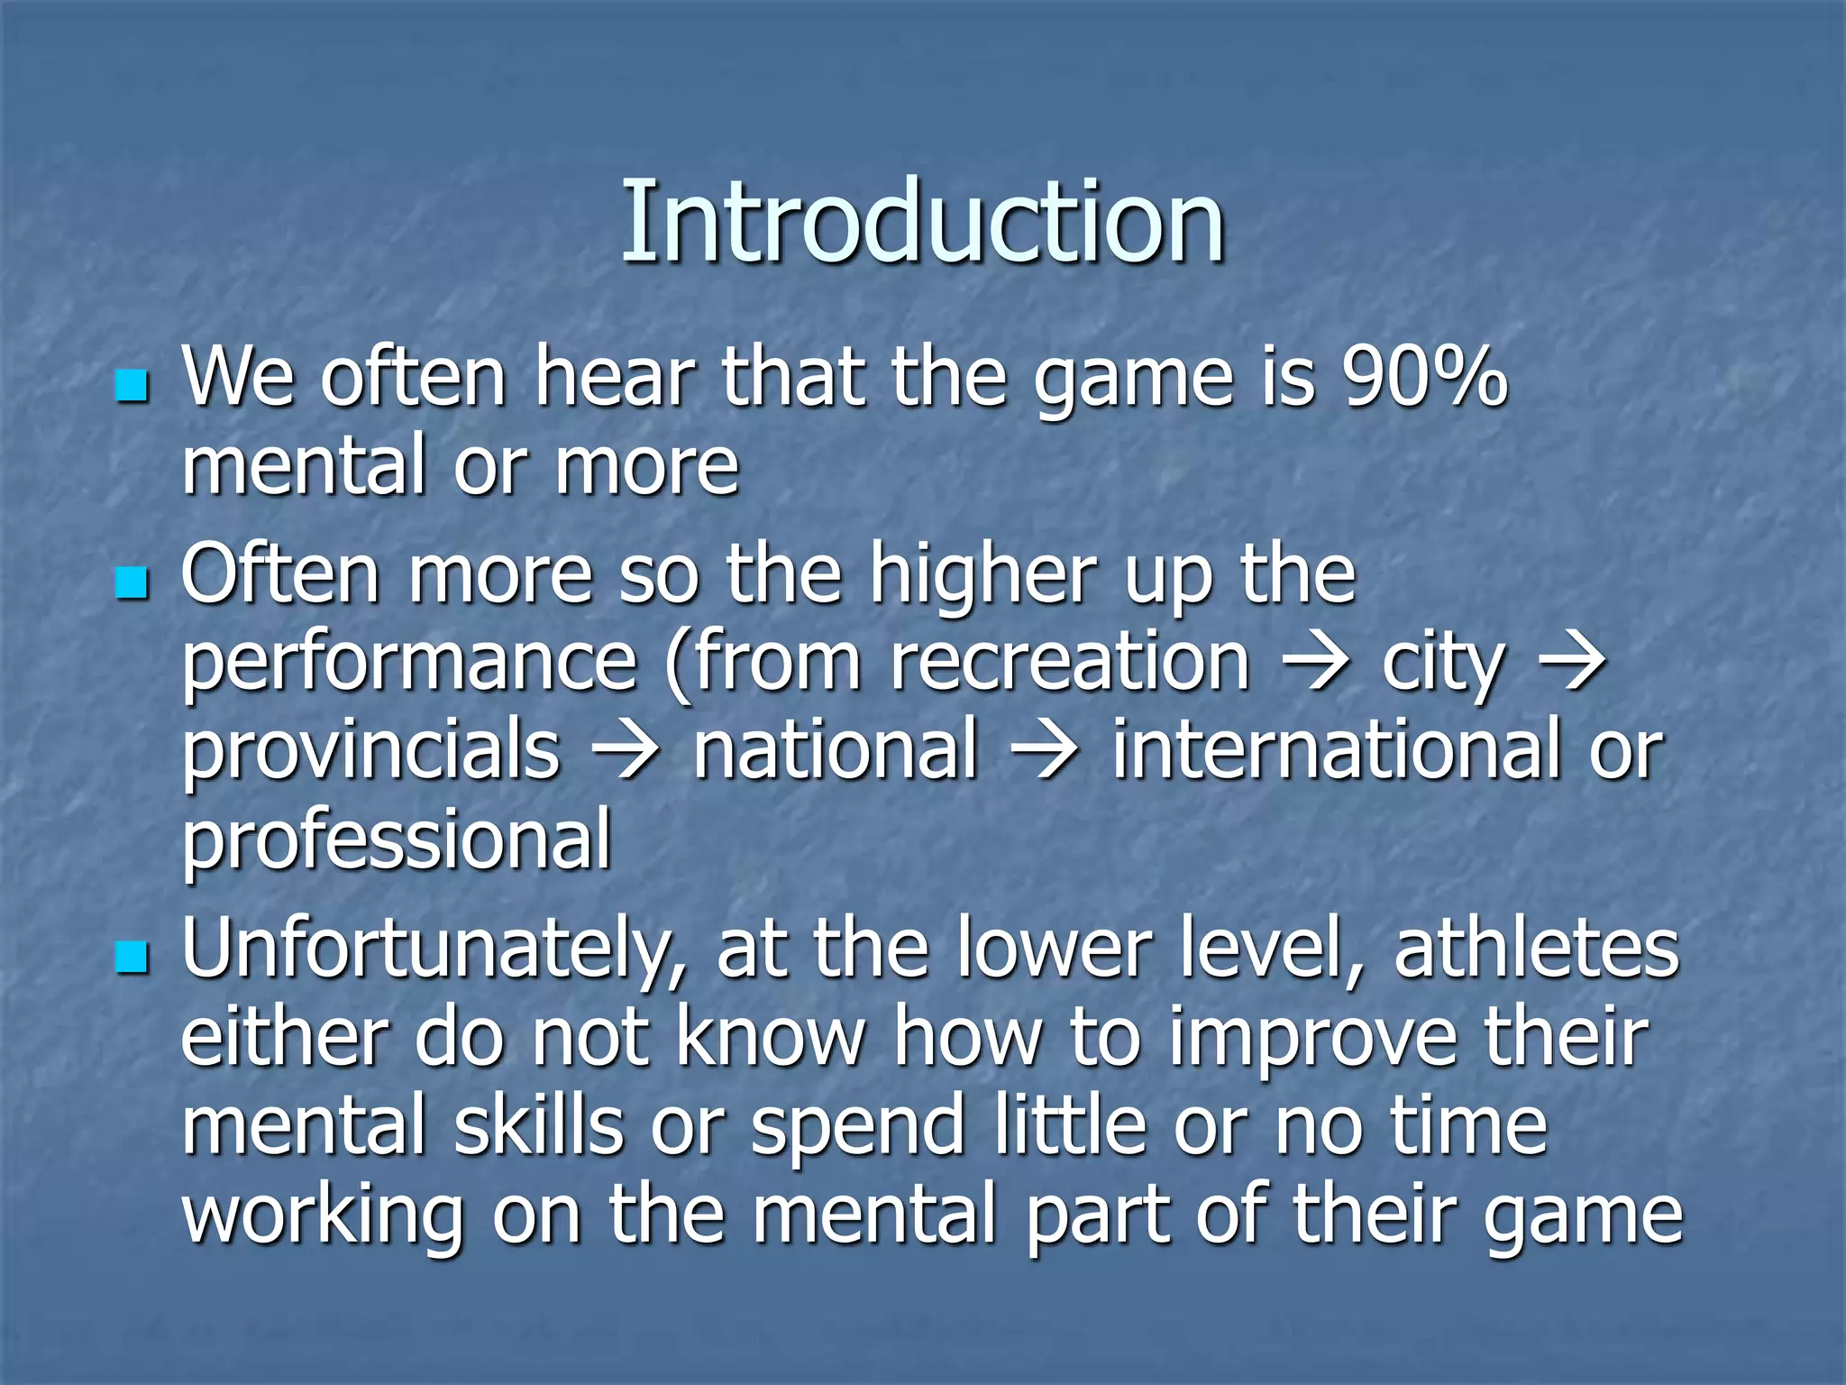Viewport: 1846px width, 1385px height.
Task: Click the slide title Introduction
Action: (923, 222)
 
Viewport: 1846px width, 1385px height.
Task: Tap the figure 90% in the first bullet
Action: (1423, 377)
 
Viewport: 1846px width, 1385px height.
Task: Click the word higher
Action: (982, 577)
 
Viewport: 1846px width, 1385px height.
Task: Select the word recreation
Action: (1070, 663)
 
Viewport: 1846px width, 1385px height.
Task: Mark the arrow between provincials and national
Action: (626, 752)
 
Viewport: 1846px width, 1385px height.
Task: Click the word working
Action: (323, 1217)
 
